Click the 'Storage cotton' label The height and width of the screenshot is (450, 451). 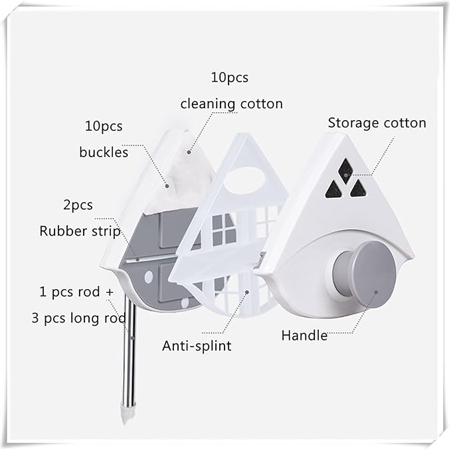click(x=377, y=123)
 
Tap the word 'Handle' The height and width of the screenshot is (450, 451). click(x=304, y=335)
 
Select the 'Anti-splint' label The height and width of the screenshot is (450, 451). click(x=197, y=346)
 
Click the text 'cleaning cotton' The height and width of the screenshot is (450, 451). click(x=232, y=104)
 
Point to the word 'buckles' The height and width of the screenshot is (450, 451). click(x=104, y=152)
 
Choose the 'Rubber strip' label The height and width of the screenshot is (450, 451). click(x=80, y=232)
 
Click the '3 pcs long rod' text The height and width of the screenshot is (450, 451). click(x=78, y=318)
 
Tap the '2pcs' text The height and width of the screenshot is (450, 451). click(x=78, y=205)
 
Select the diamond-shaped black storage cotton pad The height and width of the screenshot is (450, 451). click(x=345, y=171)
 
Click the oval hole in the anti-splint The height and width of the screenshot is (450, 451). click(x=244, y=181)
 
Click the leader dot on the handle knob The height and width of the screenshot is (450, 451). click(x=376, y=292)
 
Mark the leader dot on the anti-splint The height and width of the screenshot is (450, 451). click(x=247, y=292)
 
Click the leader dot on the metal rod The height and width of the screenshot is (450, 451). click(x=132, y=338)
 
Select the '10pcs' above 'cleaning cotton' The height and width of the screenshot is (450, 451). click(x=230, y=78)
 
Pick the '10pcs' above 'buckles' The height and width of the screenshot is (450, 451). click(x=104, y=126)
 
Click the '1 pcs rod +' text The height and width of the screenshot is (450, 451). click(x=76, y=292)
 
